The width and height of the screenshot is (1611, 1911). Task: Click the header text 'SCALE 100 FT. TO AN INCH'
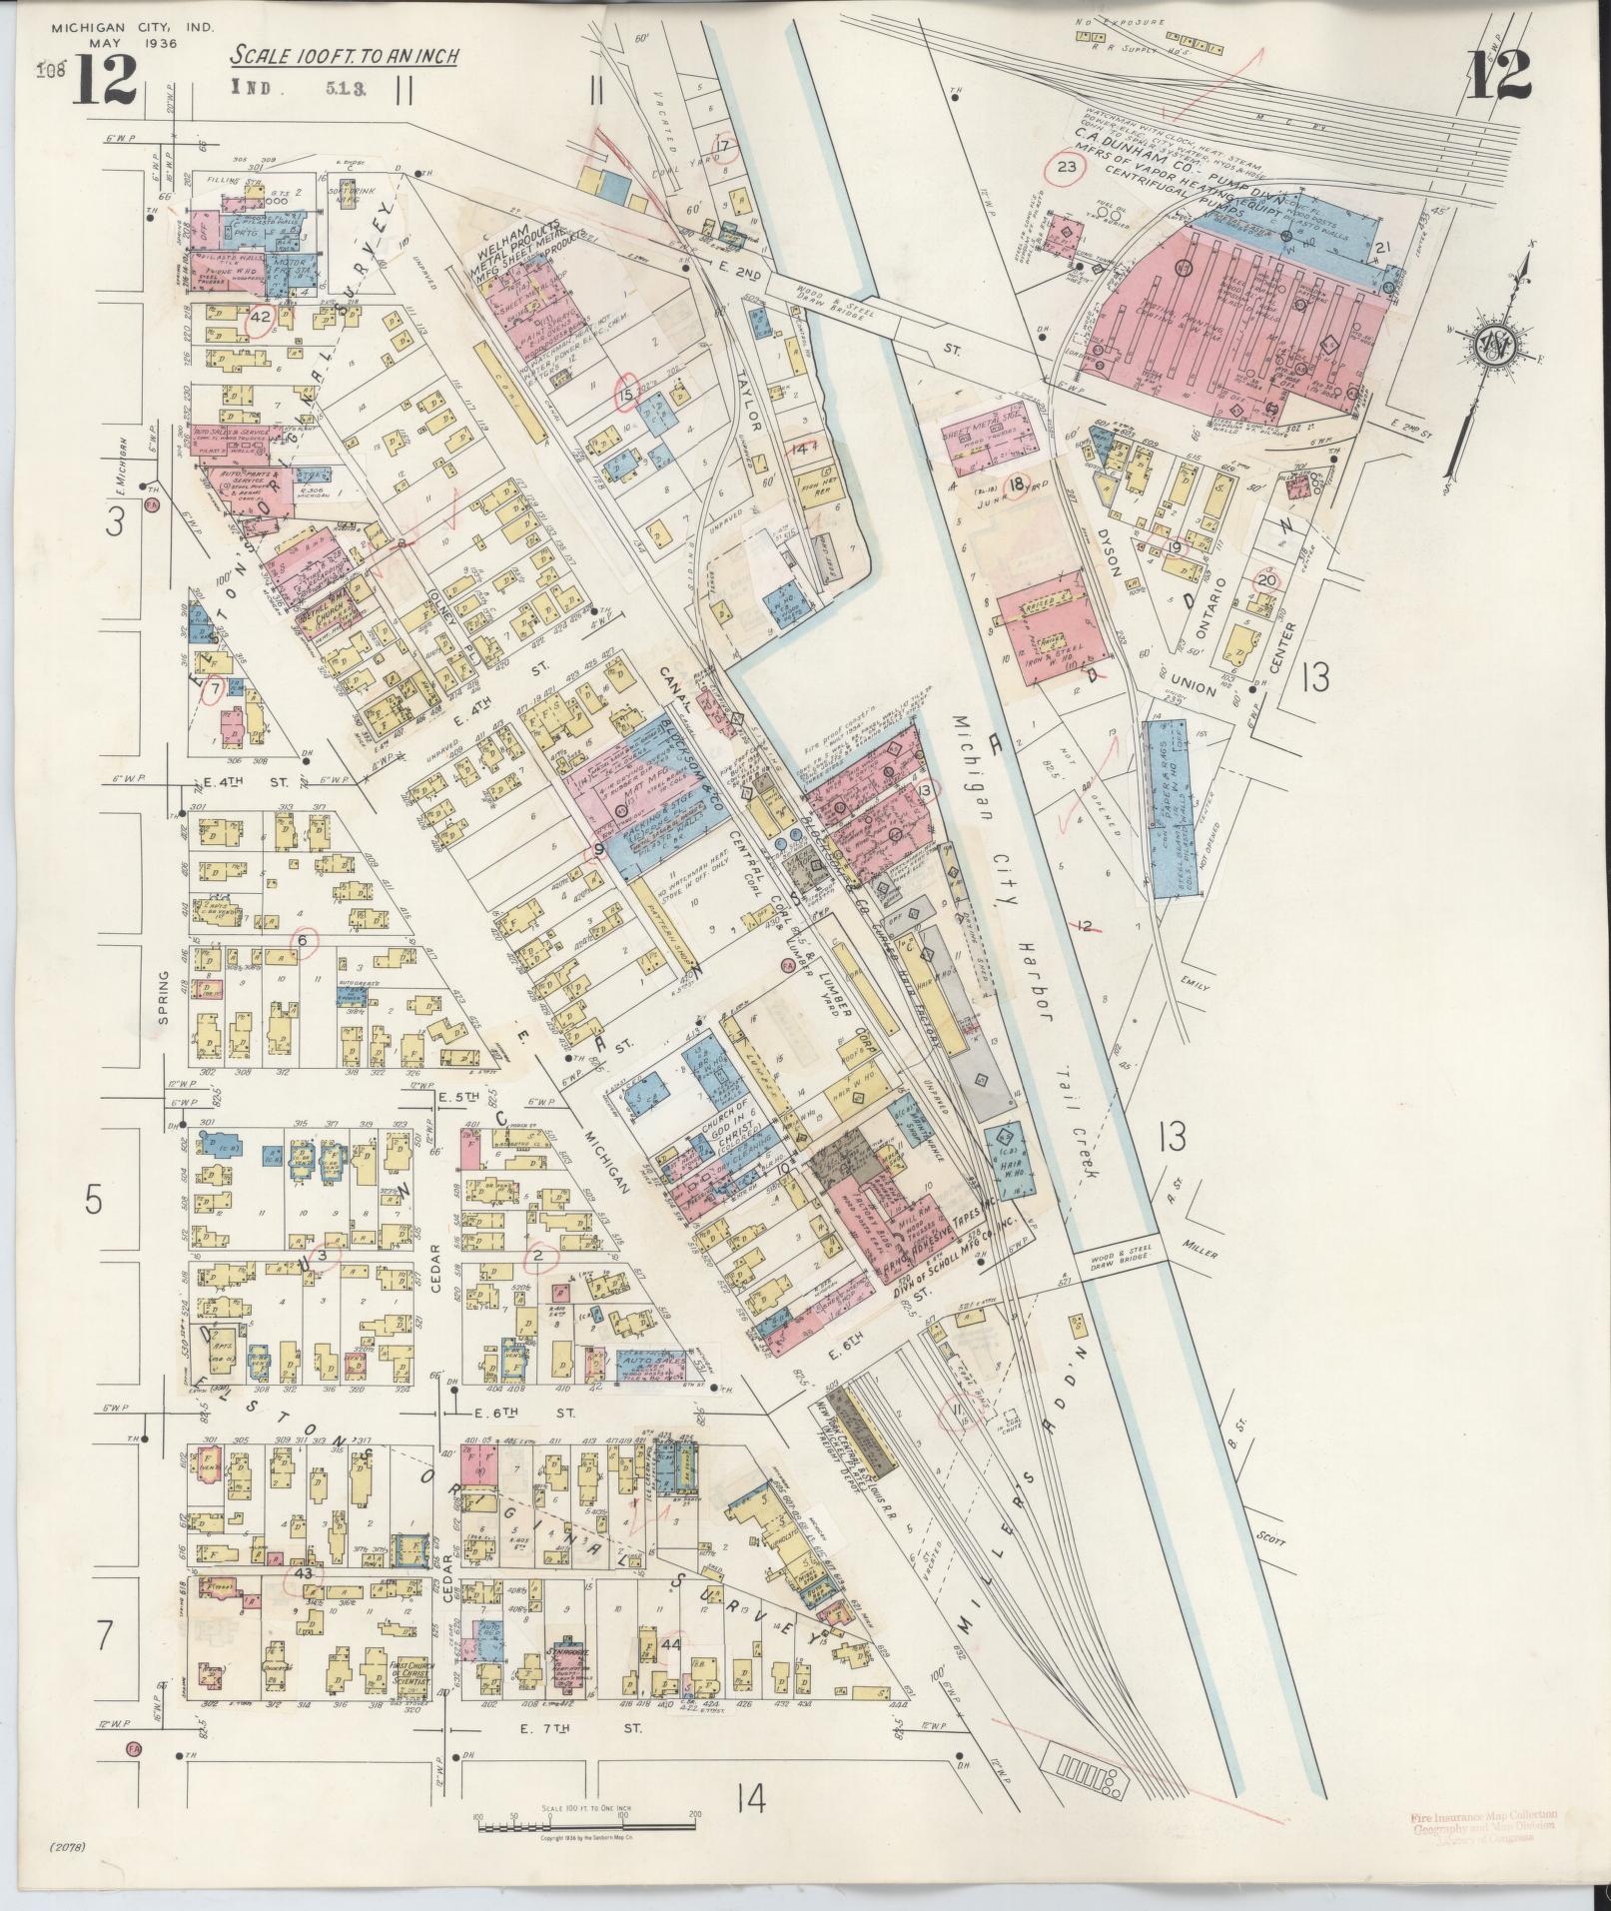click(346, 56)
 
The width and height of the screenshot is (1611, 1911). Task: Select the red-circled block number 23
click(1067, 167)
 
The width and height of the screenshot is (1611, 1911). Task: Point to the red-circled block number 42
click(262, 318)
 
